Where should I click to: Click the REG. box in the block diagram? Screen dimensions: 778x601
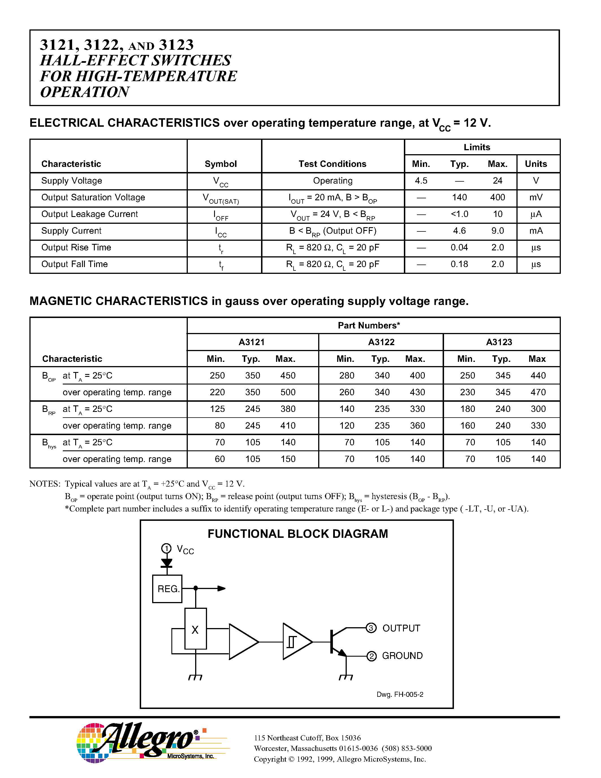coord(167,588)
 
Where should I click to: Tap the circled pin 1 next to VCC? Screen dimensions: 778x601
coord(166,548)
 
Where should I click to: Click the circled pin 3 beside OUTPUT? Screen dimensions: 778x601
coord(371,628)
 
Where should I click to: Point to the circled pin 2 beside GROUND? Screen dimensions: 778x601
coord(371,656)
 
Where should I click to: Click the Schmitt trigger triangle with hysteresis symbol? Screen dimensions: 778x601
coord(296,642)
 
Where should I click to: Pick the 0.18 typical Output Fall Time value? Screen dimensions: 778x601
coord(459,264)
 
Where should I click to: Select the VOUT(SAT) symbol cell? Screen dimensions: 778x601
coord(221,198)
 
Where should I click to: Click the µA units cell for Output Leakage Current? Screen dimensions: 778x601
coord(536,214)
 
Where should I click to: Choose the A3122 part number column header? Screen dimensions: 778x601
coord(381,342)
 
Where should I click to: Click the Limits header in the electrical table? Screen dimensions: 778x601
coord(477,147)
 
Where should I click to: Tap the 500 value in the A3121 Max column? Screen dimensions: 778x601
coord(288,392)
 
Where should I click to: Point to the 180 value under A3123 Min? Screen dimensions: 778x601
coord(468,409)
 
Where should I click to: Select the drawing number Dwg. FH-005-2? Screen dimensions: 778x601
coord(400,694)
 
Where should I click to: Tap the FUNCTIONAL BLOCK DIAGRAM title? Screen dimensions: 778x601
coord(298,534)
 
